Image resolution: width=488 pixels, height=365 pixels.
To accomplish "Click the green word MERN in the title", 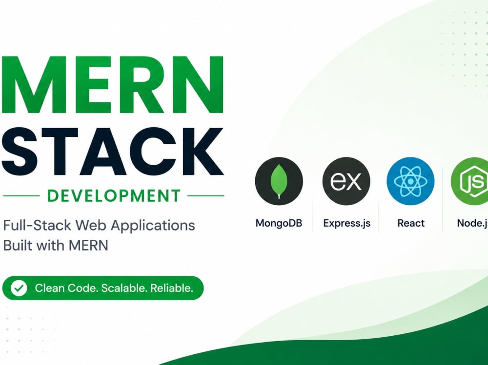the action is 112,85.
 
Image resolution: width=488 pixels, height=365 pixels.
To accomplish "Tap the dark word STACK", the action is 112,152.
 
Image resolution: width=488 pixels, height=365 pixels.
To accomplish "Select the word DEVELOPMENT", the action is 114,196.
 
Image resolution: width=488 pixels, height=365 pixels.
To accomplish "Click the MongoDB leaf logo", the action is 279,181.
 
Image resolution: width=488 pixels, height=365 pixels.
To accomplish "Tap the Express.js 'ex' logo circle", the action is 346,181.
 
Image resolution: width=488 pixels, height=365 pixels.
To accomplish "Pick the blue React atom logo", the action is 410,181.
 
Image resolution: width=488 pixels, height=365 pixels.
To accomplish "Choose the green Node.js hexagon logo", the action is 470,181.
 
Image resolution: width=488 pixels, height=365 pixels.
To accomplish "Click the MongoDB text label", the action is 279,223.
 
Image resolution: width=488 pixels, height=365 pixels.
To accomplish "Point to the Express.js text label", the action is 346,223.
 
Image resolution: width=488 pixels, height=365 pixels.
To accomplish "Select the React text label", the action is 411,223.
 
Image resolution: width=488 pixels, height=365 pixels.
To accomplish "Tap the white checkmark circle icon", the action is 19,288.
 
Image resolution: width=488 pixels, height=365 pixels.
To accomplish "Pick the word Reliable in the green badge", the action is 172,288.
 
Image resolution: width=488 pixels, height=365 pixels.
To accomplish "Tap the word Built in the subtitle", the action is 18,245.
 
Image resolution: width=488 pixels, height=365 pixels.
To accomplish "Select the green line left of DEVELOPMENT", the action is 21,196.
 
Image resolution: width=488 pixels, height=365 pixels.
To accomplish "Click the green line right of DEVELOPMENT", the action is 206,196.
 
